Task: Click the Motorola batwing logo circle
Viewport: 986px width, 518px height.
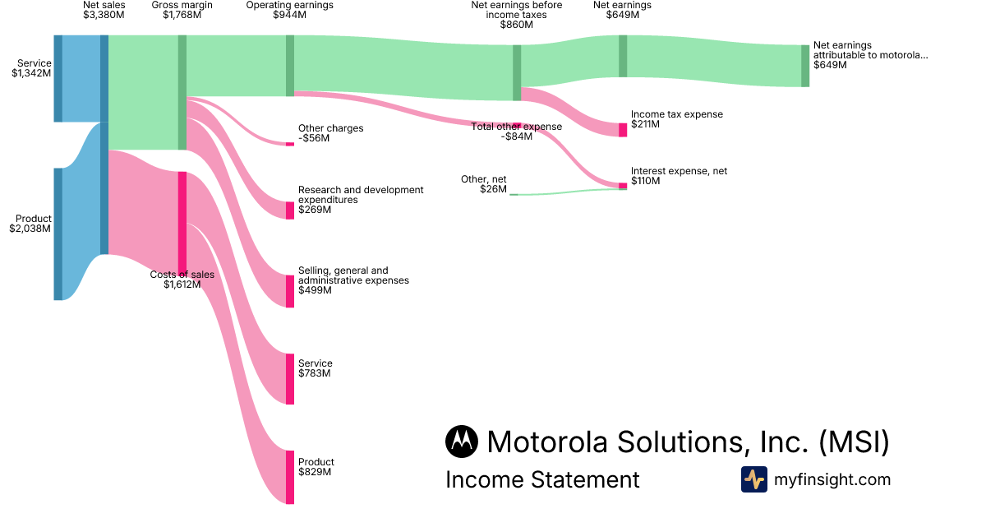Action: (462, 442)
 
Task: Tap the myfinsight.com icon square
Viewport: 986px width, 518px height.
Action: (753, 479)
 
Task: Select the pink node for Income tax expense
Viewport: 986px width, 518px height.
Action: (623, 130)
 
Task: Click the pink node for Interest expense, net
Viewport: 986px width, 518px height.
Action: (623, 186)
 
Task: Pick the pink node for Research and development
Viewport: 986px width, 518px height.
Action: (290, 210)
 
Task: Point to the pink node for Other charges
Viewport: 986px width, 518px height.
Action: (290, 144)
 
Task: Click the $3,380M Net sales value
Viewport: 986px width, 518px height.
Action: (104, 15)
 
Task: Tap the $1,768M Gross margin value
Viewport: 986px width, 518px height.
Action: (182, 15)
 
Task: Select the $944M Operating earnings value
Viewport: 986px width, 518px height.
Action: (289, 15)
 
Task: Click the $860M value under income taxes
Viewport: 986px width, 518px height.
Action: (516, 25)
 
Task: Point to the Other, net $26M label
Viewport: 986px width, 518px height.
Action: (486, 184)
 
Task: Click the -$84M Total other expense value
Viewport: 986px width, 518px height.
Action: (516, 136)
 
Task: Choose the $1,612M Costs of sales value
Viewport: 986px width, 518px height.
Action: (182, 284)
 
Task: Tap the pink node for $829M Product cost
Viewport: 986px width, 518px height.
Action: (290, 477)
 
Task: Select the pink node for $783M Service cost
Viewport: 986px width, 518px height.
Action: (290, 379)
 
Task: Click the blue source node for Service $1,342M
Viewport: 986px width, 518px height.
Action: (58, 78)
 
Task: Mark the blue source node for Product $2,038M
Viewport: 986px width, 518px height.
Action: (58, 234)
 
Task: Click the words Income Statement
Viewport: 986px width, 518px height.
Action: (542, 479)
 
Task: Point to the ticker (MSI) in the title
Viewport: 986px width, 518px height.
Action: (854, 442)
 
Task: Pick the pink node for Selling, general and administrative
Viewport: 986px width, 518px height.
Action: (290, 291)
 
